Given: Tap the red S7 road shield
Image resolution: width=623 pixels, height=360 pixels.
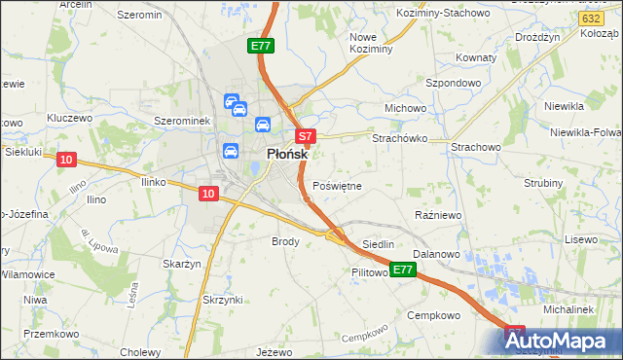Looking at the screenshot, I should coord(305,137).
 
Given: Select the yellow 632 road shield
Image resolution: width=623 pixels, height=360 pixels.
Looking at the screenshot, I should coord(589,18).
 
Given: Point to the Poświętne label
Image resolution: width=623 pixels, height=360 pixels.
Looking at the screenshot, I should coord(338,186).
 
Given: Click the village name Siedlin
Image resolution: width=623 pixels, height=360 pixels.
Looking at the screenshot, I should coord(378,244).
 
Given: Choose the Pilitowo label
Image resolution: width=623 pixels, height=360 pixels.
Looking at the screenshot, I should coord(370,273).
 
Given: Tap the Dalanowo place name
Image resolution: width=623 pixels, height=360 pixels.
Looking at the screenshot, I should coord(435,254).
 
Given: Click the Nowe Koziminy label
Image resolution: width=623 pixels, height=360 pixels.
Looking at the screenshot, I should coord(370,42).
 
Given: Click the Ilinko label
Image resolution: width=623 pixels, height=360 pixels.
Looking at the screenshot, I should coord(156,182).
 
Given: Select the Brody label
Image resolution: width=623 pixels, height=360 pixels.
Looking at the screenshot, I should coord(284,240).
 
